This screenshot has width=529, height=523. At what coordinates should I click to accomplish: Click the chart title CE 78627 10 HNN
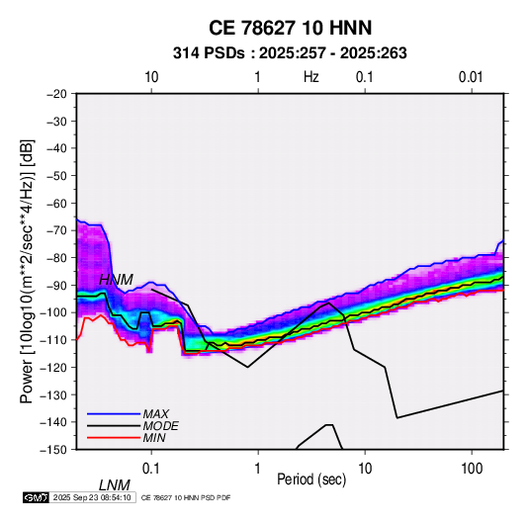pyautogui.click(x=290, y=28)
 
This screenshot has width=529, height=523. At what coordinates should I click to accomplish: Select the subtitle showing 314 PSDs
pyautogui.click(x=290, y=53)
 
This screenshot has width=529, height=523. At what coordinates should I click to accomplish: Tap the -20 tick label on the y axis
pyautogui.click(x=56, y=94)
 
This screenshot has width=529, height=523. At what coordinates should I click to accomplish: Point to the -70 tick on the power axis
pyautogui.click(x=56, y=230)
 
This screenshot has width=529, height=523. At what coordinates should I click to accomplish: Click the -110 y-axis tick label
pyautogui.click(x=53, y=340)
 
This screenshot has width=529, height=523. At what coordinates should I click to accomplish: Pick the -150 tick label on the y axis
pyautogui.click(x=53, y=450)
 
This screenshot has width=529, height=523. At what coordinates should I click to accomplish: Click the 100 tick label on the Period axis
pyautogui.click(x=472, y=469)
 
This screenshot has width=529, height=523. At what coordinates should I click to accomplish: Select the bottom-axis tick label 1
pyautogui.click(x=258, y=469)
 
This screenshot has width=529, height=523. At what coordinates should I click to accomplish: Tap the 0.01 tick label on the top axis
pyautogui.click(x=471, y=77)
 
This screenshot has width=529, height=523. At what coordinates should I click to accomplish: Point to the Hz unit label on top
pyautogui.click(x=311, y=77)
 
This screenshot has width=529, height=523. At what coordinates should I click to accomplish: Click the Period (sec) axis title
pyautogui.click(x=311, y=479)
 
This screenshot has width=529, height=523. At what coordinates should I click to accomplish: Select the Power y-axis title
pyautogui.click(x=27, y=272)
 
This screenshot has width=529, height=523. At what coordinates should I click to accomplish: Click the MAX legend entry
pyautogui.click(x=156, y=413)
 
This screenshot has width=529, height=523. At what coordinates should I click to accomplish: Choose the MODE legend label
pyautogui.click(x=160, y=426)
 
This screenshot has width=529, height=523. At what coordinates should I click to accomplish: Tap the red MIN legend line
pyautogui.click(x=114, y=438)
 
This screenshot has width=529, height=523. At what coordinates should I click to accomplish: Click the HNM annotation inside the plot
pyautogui.click(x=116, y=280)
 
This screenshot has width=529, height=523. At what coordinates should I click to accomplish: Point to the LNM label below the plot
pyautogui.click(x=115, y=485)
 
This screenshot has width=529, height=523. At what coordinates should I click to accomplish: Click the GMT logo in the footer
pyautogui.click(x=37, y=497)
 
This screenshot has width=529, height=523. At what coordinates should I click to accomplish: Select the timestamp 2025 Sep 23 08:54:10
pyautogui.click(x=92, y=497)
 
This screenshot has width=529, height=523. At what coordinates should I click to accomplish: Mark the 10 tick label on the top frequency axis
pyautogui.click(x=151, y=77)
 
